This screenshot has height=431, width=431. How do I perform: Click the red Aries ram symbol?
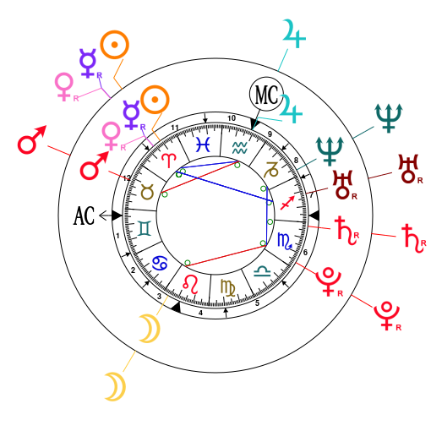coord(170,159)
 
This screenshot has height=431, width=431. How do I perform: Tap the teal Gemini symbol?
coord(145,227)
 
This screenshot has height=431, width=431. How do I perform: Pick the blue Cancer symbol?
coord(159,264)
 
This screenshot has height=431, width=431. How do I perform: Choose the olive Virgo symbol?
coord(228,287)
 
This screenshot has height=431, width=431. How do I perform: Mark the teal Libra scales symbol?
coord(263,270)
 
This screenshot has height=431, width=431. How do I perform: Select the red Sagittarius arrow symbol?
coord(287,202)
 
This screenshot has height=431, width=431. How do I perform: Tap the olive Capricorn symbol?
coord(271,169)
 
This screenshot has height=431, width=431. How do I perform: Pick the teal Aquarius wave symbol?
coord(239,146)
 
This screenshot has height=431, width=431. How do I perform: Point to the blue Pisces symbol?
coord(203,144)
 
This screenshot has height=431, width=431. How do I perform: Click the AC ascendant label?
coord(84,215)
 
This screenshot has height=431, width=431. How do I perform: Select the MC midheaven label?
coord(265,95)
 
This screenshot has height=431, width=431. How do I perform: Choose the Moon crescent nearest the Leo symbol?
coord(150,330)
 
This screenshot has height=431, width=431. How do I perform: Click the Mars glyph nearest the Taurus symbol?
coord(94,166)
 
